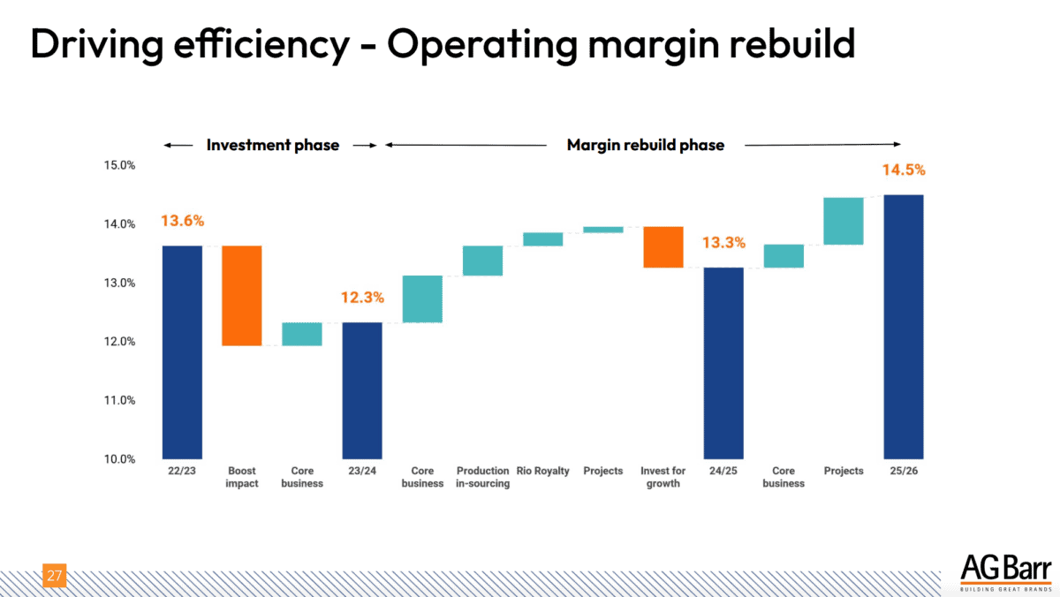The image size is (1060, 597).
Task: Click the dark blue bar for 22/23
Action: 182,351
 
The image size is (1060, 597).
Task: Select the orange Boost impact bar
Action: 241,295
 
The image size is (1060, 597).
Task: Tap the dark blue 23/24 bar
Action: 362,390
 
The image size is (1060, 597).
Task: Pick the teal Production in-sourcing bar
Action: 482,261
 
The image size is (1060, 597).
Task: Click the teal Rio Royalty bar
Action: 542,239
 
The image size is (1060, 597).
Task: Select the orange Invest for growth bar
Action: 662,246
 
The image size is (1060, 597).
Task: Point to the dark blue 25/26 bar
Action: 904,327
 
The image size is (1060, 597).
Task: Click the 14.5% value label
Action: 903,170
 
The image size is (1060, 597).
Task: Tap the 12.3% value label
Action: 362,298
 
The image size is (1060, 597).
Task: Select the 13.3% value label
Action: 723,242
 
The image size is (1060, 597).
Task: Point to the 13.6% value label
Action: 182,221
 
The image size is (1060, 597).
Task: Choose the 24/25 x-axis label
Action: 723,472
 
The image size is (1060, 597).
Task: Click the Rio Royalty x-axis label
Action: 543,472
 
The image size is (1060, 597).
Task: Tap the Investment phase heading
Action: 273,145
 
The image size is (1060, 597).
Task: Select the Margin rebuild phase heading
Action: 645,145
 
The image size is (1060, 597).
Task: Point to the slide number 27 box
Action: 55,577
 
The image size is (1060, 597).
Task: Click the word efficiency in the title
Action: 252,44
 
